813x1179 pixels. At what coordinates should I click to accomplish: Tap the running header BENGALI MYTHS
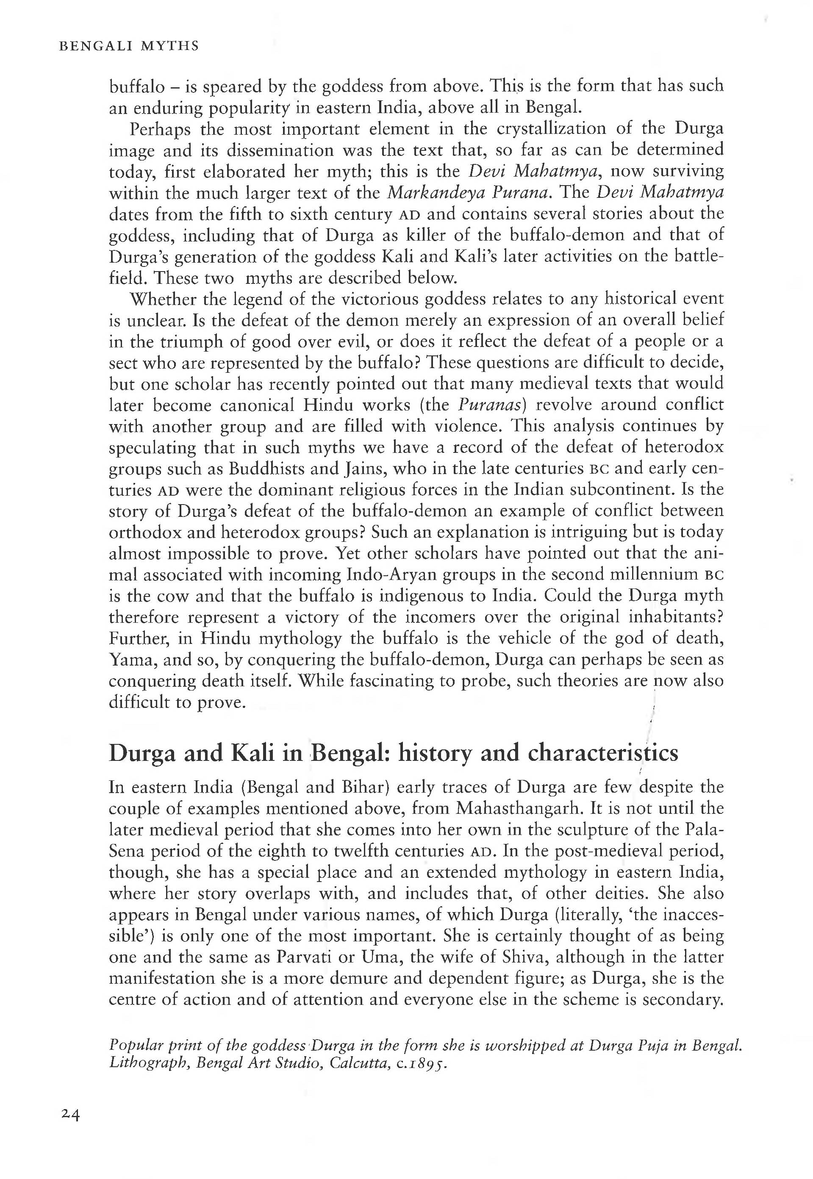click(129, 46)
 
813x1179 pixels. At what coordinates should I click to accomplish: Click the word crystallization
click(552, 129)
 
